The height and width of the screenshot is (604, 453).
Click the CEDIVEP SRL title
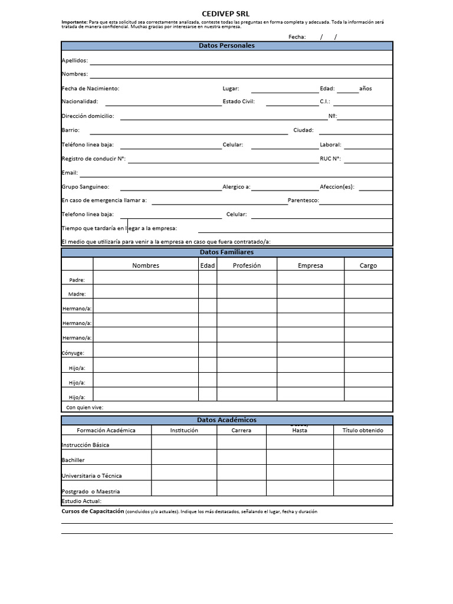tap(226, 14)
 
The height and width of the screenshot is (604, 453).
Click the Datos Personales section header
tap(226, 45)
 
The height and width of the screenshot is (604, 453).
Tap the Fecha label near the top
tap(297, 37)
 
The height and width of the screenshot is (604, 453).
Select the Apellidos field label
tap(74, 60)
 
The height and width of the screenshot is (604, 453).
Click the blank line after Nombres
tap(241, 74)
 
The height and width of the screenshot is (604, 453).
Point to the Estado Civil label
tap(238, 101)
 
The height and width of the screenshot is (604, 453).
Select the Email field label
tap(70, 173)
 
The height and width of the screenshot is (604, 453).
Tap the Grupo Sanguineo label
tap(85, 187)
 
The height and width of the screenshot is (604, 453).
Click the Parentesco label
tap(303, 201)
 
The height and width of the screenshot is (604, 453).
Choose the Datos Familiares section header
tap(226, 252)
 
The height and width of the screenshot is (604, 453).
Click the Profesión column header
tap(247, 265)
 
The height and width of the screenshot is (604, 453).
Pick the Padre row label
tap(77, 280)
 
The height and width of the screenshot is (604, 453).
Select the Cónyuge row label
tap(73, 353)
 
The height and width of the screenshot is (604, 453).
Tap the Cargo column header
tap(368, 265)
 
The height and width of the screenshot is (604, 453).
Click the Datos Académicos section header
tap(226, 420)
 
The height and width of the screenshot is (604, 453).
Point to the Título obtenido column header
tap(363, 431)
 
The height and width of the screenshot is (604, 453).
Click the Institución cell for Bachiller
tap(184, 457)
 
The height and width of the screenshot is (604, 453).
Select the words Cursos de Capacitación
tap(93, 511)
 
